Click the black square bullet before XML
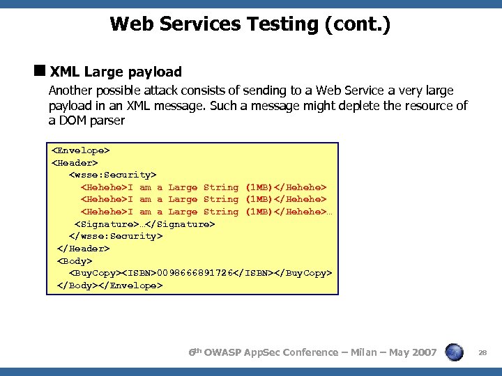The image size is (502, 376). coord(40,71)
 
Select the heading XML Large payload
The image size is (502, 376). coord(116,72)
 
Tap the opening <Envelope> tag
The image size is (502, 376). coord(81,150)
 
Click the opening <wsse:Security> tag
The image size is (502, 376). coord(112,174)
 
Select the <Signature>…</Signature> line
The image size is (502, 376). coord(144,224)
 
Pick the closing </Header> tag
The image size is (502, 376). coord(83,249)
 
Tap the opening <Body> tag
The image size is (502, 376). coord(75,261)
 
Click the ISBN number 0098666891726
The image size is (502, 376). coord(197,273)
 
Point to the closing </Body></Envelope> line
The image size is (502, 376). coord(109,285)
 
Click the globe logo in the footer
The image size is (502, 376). coord(455,353)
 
